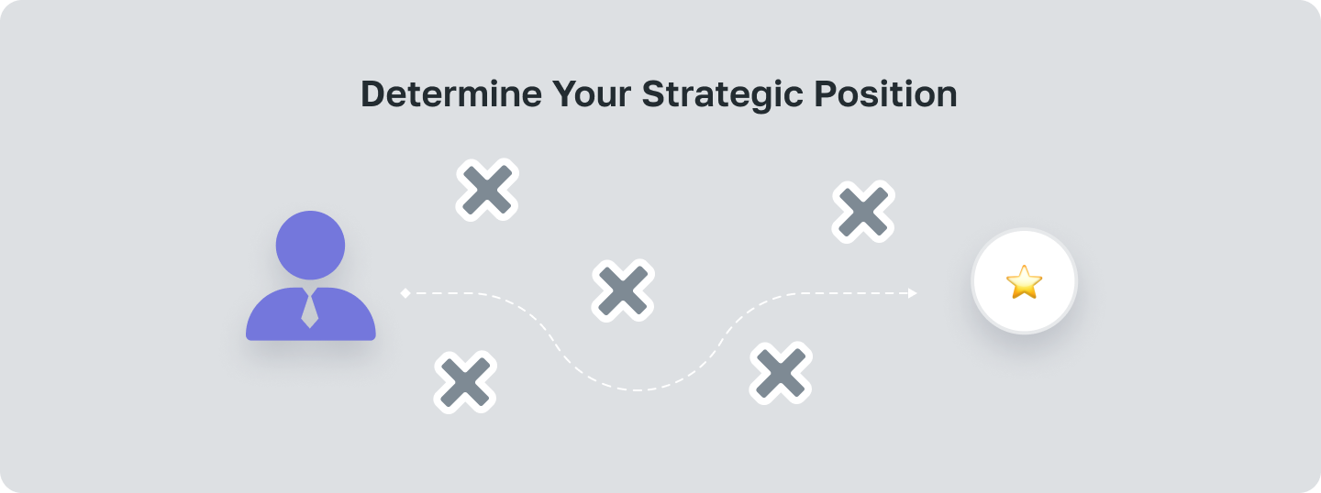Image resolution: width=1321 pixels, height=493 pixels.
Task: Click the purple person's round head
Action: pos(310,245)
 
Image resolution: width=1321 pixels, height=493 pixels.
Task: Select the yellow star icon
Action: pos(1024,281)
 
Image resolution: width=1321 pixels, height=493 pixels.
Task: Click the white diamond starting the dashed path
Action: pos(405,293)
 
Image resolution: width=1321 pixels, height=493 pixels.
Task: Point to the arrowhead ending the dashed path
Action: pos(912,293)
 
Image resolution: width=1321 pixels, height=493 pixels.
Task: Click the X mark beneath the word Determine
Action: pos(488,190)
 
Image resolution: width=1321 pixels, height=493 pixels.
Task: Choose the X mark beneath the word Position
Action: pos(863,212)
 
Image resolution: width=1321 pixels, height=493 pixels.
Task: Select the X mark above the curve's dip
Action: pos(623,290)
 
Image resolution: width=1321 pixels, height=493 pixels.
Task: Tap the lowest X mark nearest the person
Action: pos(465,381)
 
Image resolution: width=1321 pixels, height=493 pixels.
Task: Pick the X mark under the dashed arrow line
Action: pos(781,373)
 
